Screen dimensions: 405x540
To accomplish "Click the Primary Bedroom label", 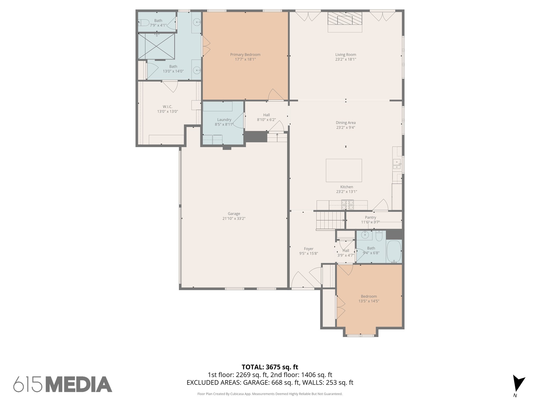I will click(245, 55).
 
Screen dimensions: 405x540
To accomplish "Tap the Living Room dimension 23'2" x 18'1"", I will click(346, 59).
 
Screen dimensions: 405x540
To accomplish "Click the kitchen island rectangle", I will click(344, 170).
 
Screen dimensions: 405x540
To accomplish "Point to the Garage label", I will click(234, 214).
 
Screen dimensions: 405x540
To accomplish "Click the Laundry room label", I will click(224, 120).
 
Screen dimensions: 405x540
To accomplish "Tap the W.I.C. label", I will click(167, 107).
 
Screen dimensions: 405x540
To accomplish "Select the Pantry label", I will click(370, 217).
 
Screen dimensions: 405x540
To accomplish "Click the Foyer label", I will click(308, 249).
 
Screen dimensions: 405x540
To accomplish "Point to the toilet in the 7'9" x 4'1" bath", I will click(144, 23).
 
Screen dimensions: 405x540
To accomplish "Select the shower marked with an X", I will click(156, 46).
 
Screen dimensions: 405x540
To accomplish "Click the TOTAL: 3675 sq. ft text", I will click(270, 367).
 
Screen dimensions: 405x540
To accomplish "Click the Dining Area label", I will click(345, 123).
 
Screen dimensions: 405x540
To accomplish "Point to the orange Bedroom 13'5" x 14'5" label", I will click(369, 296).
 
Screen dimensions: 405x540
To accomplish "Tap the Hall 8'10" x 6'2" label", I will click(266, 115).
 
